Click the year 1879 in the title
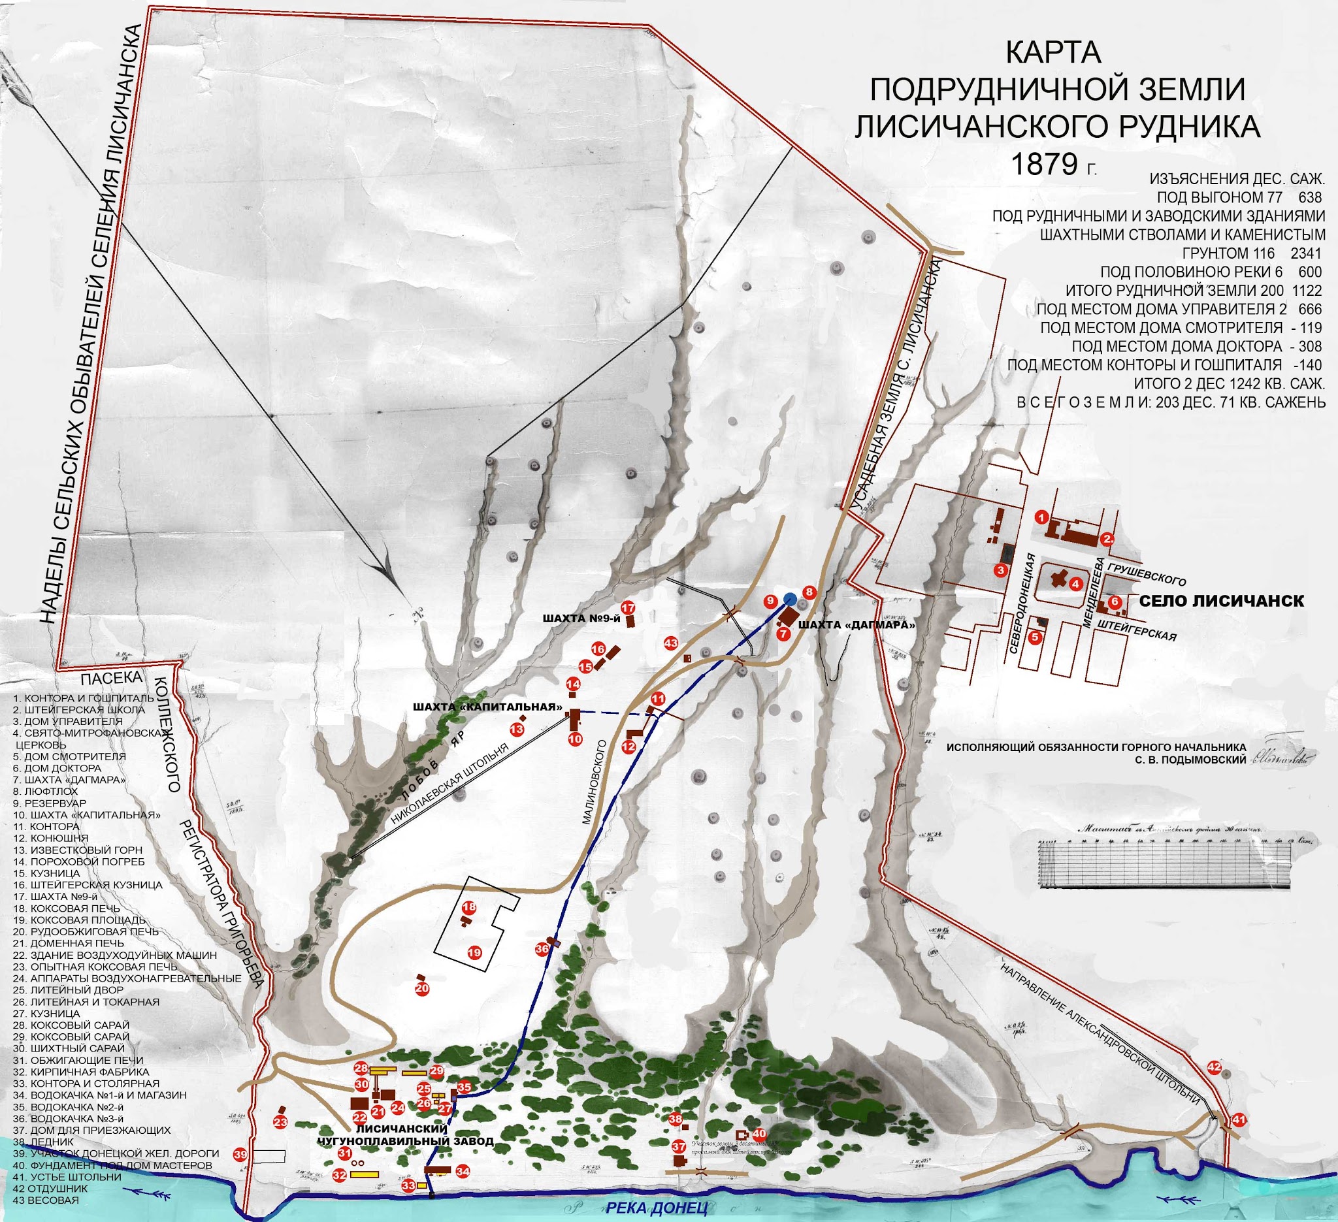click(1043, 165)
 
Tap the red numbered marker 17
click(628, 608)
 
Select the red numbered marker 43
click(671, 643)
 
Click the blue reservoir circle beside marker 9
click(790, 599)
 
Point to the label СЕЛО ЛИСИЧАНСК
click(1221, 601)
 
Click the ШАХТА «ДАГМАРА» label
click(855, 625)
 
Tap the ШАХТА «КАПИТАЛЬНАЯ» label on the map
click(487, 707)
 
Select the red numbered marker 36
click(542, 949)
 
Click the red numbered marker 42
click(1214, 1067)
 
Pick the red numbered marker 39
click(240, 1154)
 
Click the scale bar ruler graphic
click(1159, 862)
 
